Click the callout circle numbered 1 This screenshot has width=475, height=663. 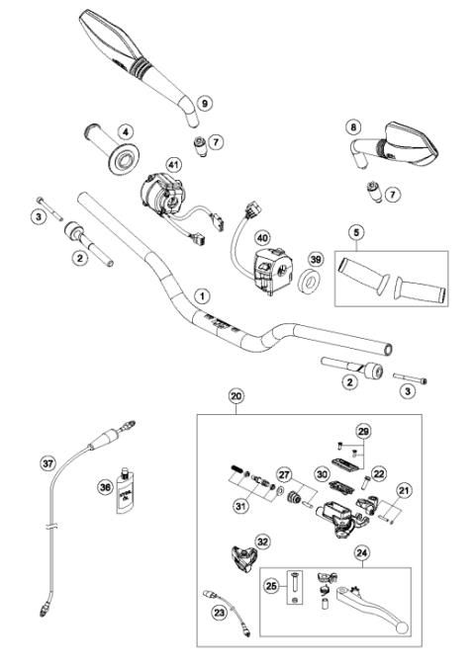pos(202,295)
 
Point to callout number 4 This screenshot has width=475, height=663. pos(126,129)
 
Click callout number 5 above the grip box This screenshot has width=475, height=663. pos(355,234)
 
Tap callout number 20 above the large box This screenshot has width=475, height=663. pos(236,396)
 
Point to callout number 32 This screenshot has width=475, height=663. pos(261,540)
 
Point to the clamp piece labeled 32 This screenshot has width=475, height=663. pos(240,557)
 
